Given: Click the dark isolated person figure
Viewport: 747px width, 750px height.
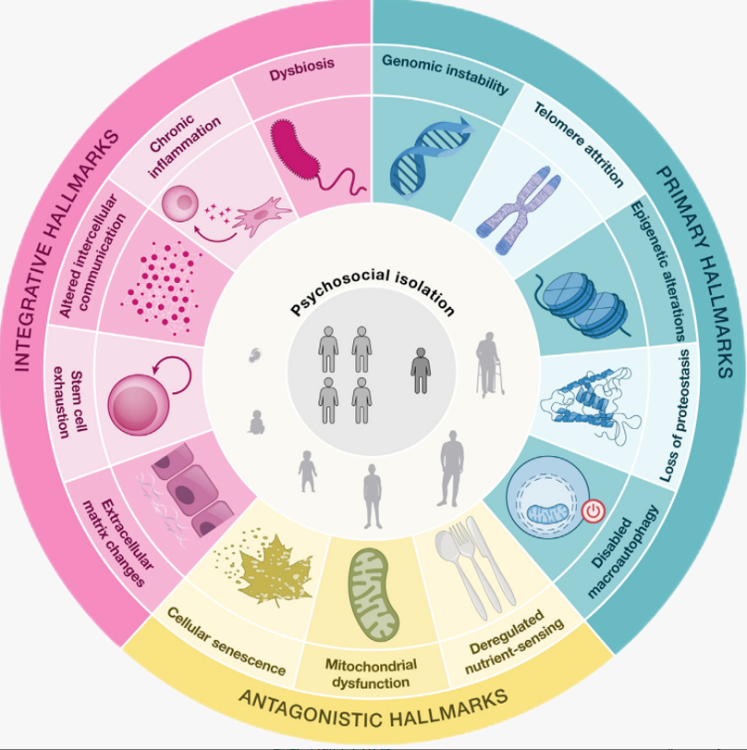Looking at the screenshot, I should point(421,368).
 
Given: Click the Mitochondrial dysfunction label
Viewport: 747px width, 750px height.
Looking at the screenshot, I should point(371,673).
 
